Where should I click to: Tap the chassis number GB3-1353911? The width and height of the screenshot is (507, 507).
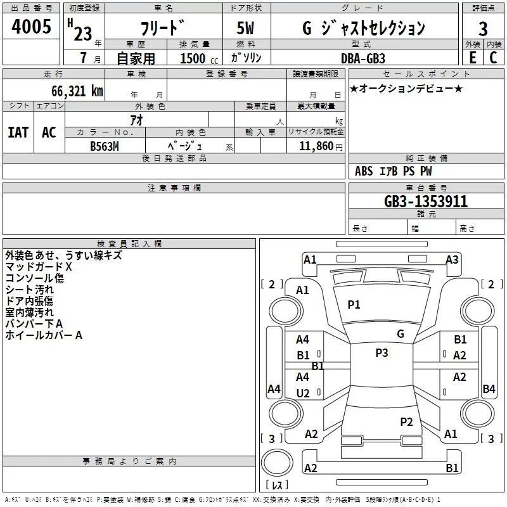click(427, 202)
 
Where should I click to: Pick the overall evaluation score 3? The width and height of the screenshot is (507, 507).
click(483, 29)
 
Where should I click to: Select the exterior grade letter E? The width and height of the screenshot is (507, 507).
click(472, 58)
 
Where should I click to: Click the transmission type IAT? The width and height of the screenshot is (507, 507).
click(18, 132)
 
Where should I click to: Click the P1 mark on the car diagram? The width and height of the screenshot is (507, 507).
click(354, 305)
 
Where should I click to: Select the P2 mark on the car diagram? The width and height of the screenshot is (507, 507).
click(406, 421)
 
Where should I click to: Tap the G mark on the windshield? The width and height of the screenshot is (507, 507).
click(400, 334)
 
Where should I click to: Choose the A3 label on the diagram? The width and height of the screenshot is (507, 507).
click(452, 260)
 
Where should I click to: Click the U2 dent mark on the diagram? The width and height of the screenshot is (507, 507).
click(303, 394)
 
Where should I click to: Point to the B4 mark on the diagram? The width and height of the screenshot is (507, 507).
click(489, 389)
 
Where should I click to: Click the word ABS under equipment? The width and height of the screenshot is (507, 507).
click(364, 171)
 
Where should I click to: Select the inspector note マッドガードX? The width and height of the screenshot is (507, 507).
click(39, 267)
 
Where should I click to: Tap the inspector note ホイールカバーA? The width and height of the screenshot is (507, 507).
click(44, 335)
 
